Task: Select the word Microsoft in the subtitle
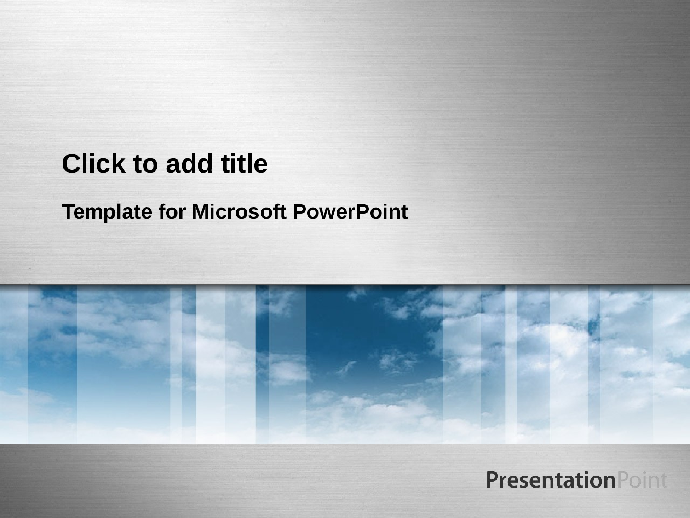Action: pyautogui.click(x=239, y=212)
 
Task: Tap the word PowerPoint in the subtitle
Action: pyautogui.click(x=350, y=212)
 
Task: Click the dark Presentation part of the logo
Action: pyautogui.click(x=551, y=480)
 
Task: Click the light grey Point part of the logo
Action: pyautogui.click(x=642, y=480)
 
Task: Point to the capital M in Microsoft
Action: pyautogui.click(x=200, y=212)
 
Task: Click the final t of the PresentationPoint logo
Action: pyautogui.click(x=664, y=481)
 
